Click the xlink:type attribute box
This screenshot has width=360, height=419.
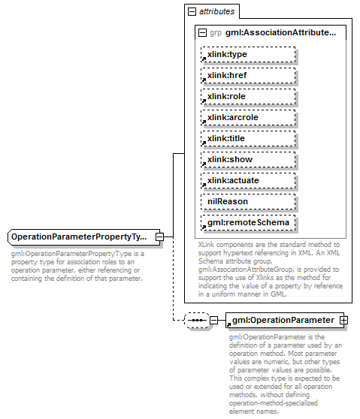tap(248, 54)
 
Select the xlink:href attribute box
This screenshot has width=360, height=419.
tap(248, 75)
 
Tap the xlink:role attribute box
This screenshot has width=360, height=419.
tap(248, 96)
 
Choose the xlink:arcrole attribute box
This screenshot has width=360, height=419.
tap(248, 117)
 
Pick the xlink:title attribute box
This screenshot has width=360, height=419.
tap(248, 138)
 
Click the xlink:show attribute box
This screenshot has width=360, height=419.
tap(248, 159)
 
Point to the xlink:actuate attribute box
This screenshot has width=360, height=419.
tap(248, 180)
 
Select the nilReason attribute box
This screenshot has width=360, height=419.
tap(248, 201)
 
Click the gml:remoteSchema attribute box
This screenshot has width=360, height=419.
tap(248, 222)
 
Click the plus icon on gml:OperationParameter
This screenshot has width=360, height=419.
tap(344, 320)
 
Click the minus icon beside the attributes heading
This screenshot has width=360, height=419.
tap(192, 11)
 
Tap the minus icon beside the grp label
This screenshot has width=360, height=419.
tap(202, 32)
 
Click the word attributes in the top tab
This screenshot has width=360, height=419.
tap(217, 11)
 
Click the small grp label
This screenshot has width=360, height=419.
tap(216, 32)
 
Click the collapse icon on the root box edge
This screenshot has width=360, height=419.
tap(160, 237)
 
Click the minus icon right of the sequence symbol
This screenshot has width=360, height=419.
tap(213, 320)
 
